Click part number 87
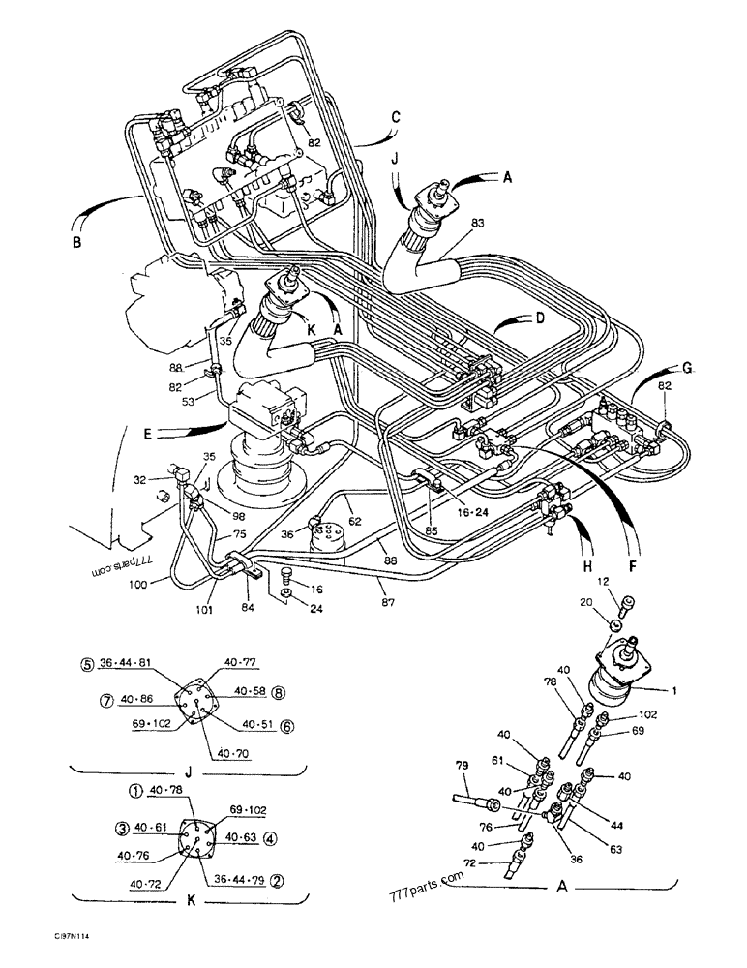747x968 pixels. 387,602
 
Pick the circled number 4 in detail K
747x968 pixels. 270,838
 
